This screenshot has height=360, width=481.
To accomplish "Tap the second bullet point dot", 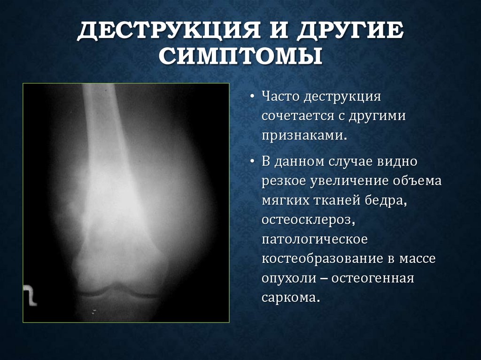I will (x=252, y=162).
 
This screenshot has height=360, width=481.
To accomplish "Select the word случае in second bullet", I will (x=350, y=162).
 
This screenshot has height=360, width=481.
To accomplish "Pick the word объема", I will (x=418, y=181).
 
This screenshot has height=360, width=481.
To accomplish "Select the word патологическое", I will (x=314, y=239).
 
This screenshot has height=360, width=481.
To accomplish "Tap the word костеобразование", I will (x=323, y=258).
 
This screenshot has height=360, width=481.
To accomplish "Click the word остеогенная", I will (x=372, y=277).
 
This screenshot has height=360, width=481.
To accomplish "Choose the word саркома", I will (x=291, y=297).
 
